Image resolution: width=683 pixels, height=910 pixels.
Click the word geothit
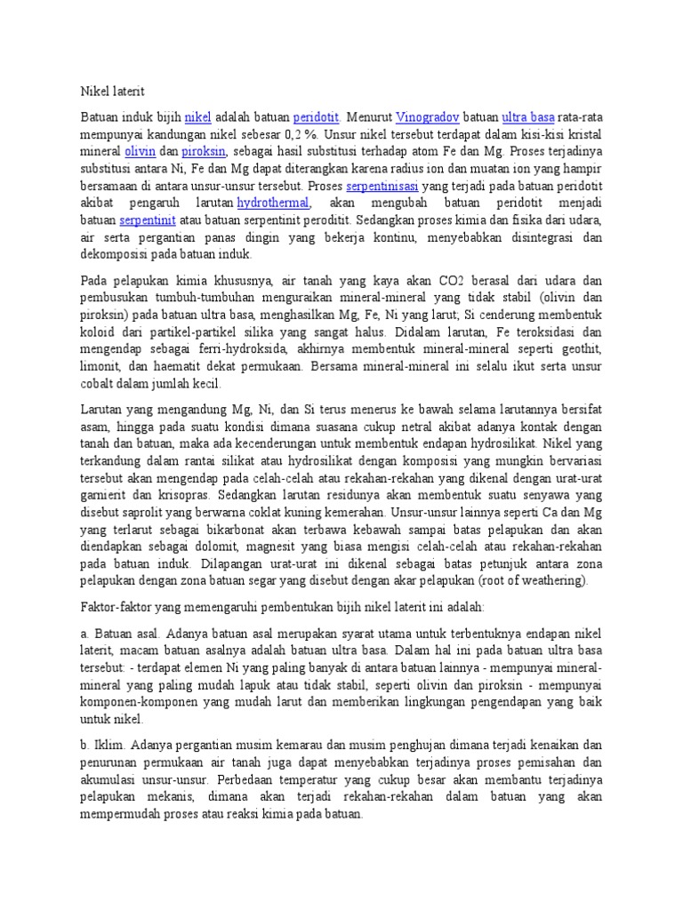pyautogui.click(x=582, y=349)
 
